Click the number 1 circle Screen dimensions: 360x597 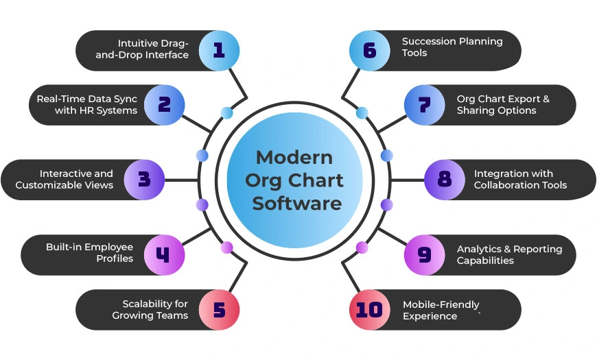coord(219,50)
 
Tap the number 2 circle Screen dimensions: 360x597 coord(164,105)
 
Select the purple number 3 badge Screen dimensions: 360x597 coord(143,180)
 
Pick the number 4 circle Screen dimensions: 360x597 coord(163,255)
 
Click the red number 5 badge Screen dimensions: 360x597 coord(219,310)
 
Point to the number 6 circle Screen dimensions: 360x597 coord(369,50)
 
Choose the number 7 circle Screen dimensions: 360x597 coord(424,105)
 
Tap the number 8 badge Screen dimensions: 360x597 coord(445,180)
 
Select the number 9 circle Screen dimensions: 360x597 coord(424,255)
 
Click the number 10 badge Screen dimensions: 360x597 coord(369,310)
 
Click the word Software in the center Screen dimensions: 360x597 coord(296,203)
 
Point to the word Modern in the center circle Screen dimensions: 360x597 coord(294,157)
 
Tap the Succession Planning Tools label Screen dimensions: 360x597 coord(452,47)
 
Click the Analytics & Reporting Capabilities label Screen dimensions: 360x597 coord(508,254)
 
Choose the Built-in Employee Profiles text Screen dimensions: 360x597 coord(91,252)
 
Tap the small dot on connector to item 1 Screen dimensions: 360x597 coord(226,112)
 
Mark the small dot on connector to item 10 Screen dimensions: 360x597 coord(362,248)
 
